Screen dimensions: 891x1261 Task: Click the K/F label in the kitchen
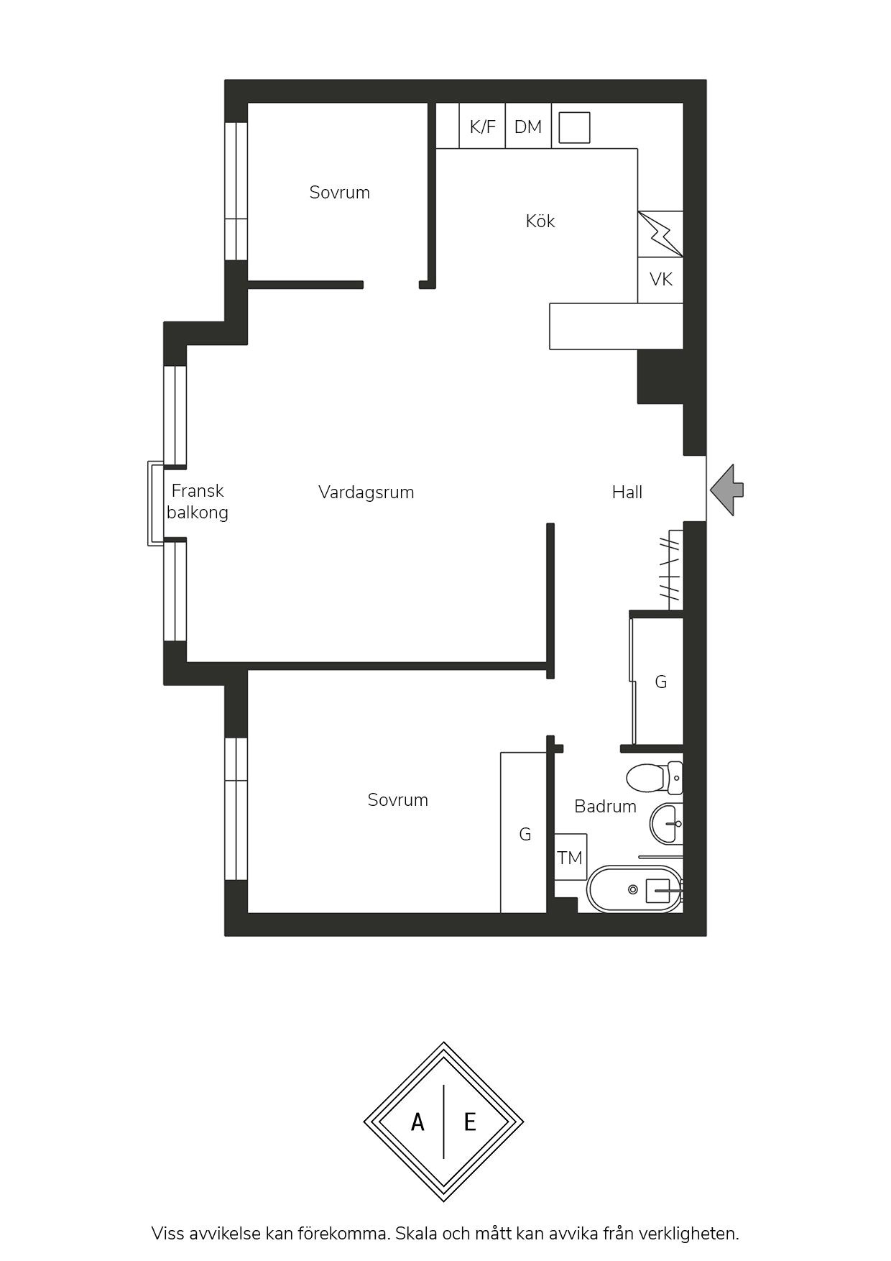pyautogui.click(x=482, y=127)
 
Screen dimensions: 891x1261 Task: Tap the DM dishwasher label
pyautogui.click(x=528, y=127)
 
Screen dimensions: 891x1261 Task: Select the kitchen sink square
pyautogui.click(x=574, y=127)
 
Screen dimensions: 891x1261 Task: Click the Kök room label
pyautogui.click(x=540, y=221)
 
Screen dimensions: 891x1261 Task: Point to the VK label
pyautogui.click(x=661, y=279)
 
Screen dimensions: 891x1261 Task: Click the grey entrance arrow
pyautogui.click(x=727, y=490)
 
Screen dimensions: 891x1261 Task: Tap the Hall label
pyautogui.click(x=627, y=492)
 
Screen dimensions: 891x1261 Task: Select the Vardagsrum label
pyautogui.click(x=366, y=492)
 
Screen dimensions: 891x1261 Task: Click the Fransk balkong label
pyautogui.click(x=198, y=502)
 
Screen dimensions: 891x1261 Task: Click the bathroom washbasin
pyautogui.click(x=666, y=824)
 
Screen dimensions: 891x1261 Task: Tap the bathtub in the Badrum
pyautogui.click(x=634, y=889)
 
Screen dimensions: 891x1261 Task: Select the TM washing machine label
pyautogui.click(x=570, y=858)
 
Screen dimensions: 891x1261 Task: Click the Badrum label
pyautogui.click(x=606, y=807)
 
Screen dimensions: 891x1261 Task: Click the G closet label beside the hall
pyautogui.click(x=661, y=682)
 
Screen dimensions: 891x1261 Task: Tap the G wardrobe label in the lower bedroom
pyautogui.click(x=525, y=834)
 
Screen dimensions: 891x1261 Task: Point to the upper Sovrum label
pyautogui.click(x=340, y=193)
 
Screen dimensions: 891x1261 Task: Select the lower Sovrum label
pyautogui.click(x=398, y=800)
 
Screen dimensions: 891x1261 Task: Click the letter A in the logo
pyautogui.click(x=417, y=1122)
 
